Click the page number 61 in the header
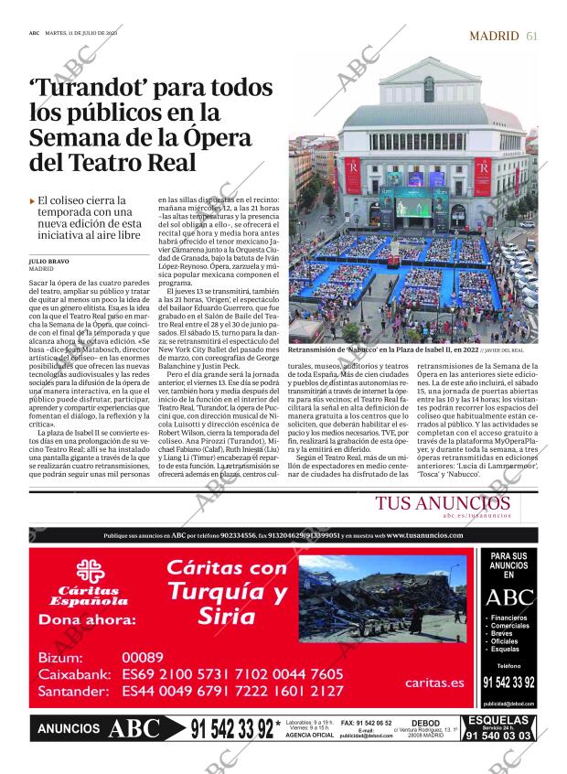tap(531, 36)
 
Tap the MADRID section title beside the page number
tap(494, 36)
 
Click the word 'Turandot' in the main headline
tap(87, 89)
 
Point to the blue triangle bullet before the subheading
tap(33, 200)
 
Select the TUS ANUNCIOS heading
tap(443, 504)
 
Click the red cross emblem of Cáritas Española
tap(89, 572)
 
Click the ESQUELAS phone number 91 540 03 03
tap(498, 735)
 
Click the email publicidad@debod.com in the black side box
tap(508, 704)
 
